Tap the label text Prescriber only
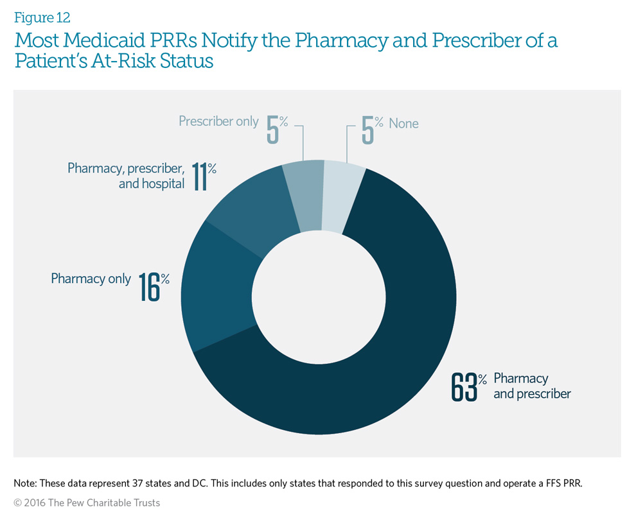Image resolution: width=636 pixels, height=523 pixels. (x=218, y=121)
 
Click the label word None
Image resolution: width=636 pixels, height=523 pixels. (x=403, y=123)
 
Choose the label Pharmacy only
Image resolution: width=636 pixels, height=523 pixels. (x=91, y=279)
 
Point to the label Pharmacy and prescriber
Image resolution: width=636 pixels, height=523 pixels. (x=531, y=386)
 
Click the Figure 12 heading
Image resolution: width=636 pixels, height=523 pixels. (x=42, y=17)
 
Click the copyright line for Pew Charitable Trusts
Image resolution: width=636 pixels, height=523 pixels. (x=87, y=503)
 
